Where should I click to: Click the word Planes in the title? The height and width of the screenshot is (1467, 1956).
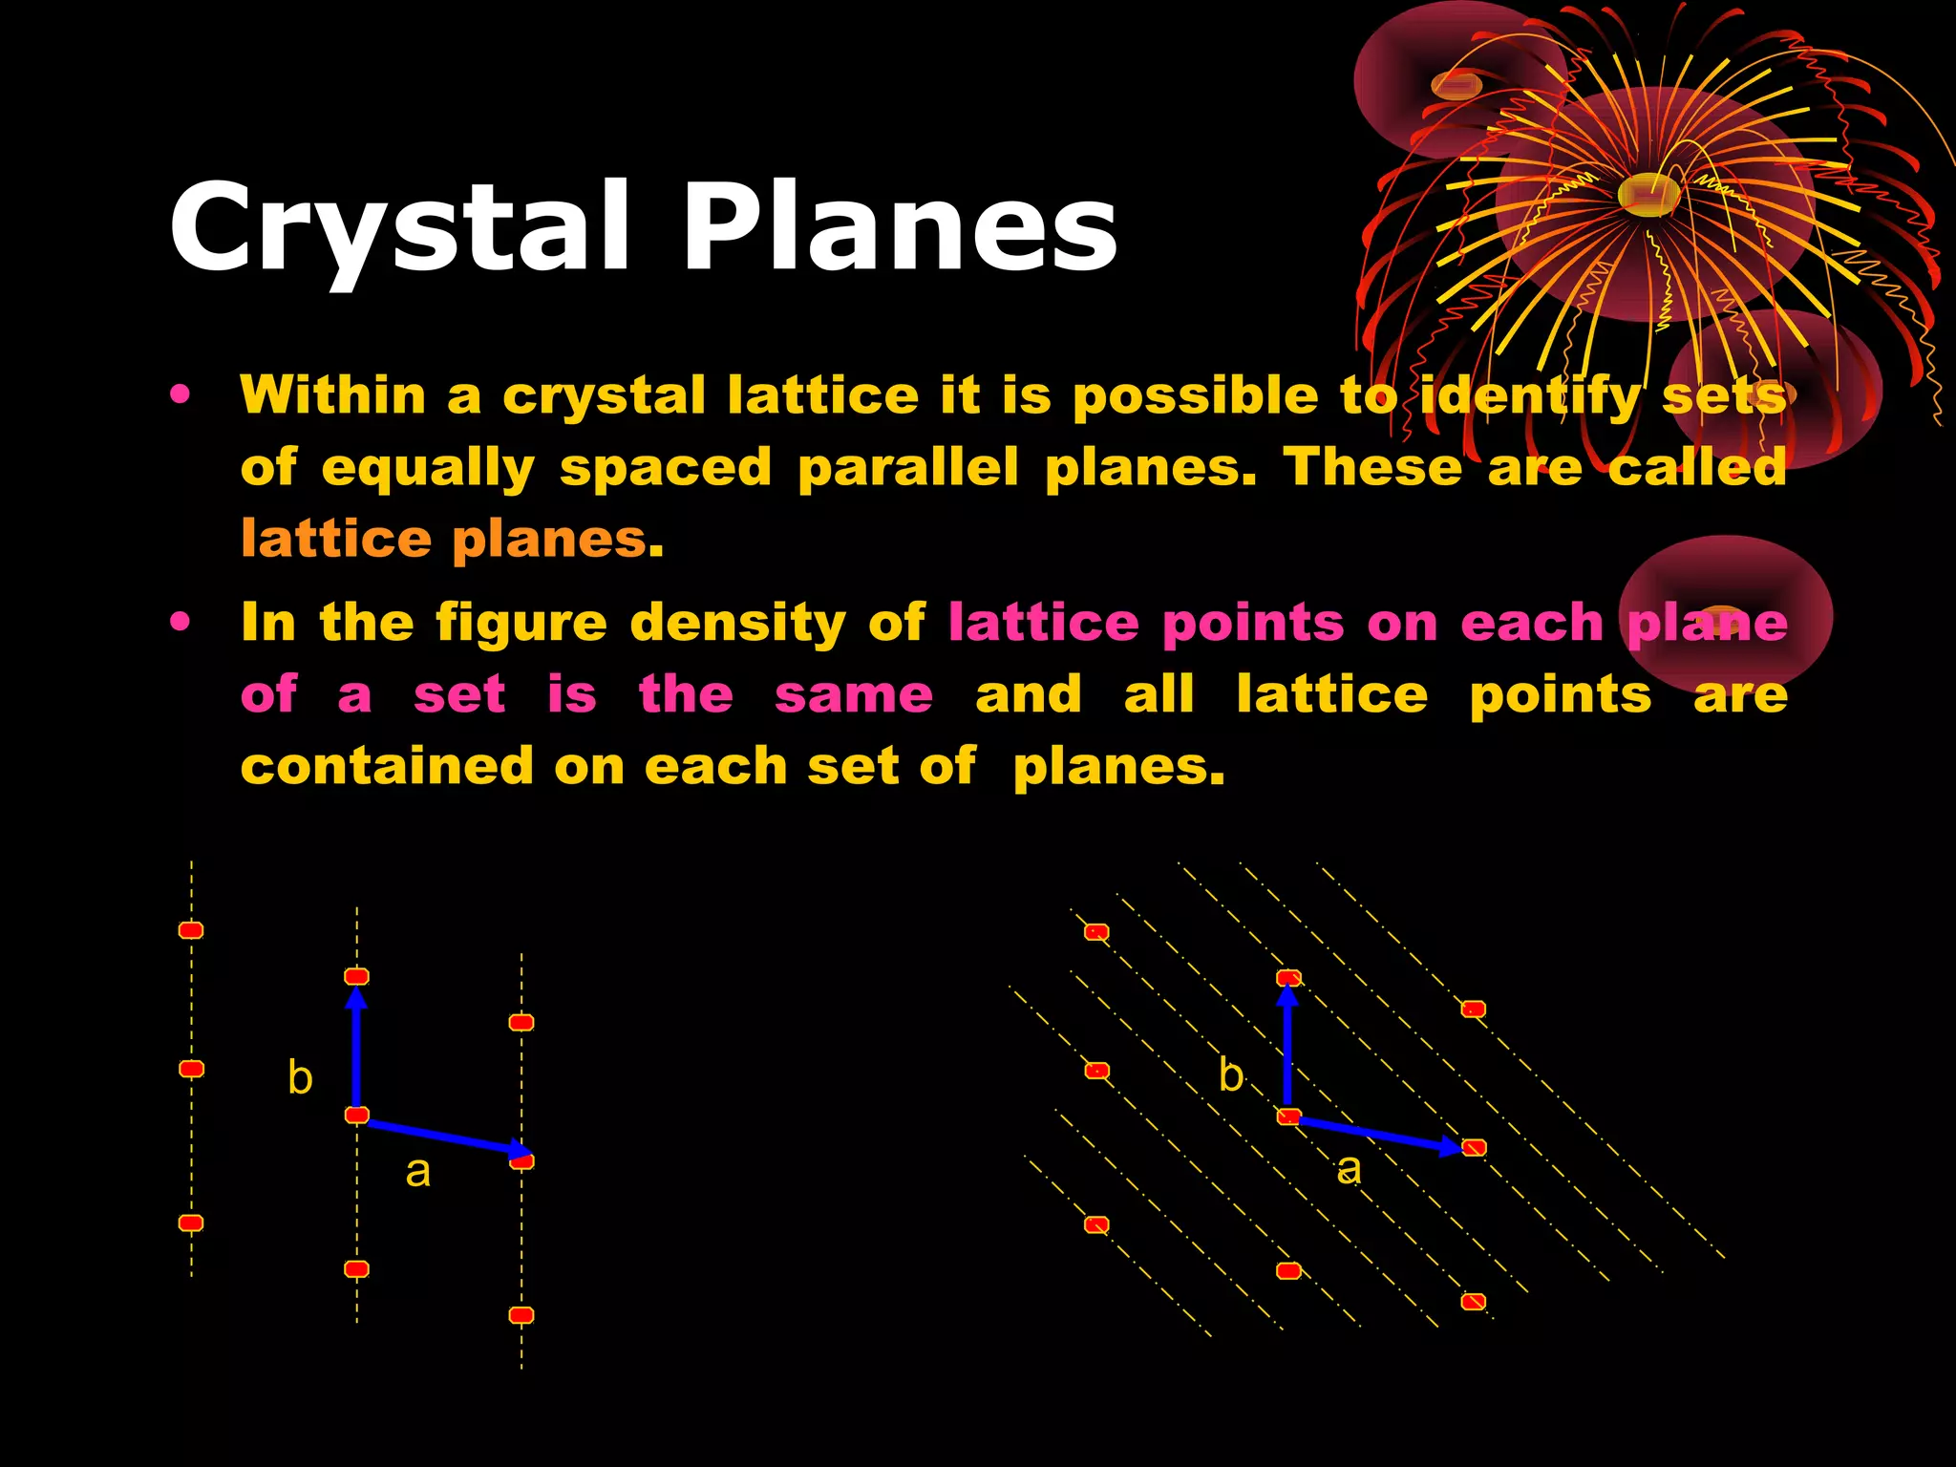[x=898, y=229]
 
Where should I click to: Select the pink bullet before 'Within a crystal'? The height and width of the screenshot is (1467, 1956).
[x=180, y=394]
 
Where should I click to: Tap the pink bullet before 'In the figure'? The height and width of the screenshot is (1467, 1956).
[x=180, y=623]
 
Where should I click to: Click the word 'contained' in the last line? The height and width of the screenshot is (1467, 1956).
[x=387, y=766]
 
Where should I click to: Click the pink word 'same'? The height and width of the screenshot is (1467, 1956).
[x=853, y=694]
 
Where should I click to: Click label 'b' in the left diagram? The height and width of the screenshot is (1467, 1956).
[x=300, y=1078]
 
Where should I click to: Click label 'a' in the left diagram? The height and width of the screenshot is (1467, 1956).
[x=417, y=1171]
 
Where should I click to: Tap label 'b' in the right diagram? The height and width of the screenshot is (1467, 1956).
[x=1231, y=1075]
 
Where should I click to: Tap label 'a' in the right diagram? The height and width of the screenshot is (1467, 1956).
[x=1349, y=1168]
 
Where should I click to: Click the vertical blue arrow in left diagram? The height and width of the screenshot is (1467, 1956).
[x=356, y=1051]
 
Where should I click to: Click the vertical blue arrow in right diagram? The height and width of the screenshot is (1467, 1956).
[x=1288, y=1051]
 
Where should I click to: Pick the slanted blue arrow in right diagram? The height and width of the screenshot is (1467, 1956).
[x=1375, y=1133]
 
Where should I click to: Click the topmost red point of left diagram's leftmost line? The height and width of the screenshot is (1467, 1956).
[x=191, y=930]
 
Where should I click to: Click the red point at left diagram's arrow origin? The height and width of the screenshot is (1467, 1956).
[x=357, y=1115]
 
